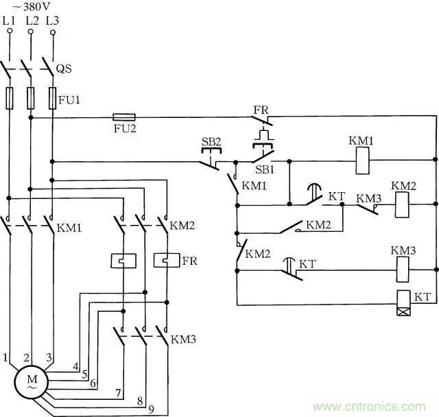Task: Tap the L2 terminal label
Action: pyautogui.click(x=32, y=21)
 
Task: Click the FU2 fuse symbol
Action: pyautogui.click(x=123, y=117)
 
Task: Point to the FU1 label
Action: pyautogui.click(x=70, y=100)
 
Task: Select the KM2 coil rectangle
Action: pyautogui.click(x=403, y=204)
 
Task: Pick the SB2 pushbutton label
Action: pyautogui.click(x=211, y=141)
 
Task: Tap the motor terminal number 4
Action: pyautogui.click(x=75, y=366)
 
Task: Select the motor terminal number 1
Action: pyautogui.click(x=5, y=357)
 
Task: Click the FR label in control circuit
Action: pyautogui.click(x=260, y=109)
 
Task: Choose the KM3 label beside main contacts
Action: pyautogui.click(x=183, y=339)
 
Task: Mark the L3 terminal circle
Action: pyautogui.click(x=53, y=32)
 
